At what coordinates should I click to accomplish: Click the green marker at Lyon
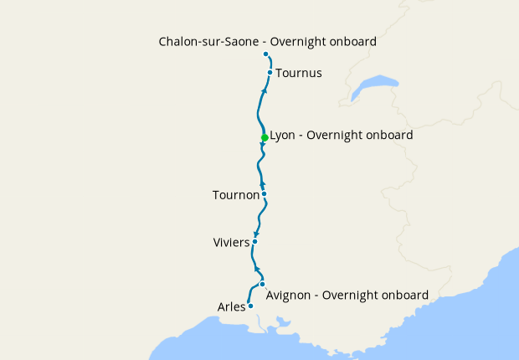pos(265,137)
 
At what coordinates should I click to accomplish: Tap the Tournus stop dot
pos(270,72)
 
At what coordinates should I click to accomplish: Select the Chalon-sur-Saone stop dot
pos(265,54)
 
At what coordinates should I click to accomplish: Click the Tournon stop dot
pos(264,194)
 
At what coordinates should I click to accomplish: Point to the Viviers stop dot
pos(254,241)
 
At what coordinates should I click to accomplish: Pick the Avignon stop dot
pos(262,284)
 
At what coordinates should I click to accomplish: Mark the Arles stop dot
pos(250,306)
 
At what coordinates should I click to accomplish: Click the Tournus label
pos(299,73)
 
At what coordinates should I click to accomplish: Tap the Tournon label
pos(236,195)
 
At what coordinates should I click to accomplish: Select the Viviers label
pos(232,243)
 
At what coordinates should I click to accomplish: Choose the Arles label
pos(231,306)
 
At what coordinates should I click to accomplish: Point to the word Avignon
pos(290,295)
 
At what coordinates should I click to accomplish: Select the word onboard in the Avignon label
pos(404,295)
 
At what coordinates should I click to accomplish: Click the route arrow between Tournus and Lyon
pos(265,90)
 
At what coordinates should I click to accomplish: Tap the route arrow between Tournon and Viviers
pos(257,234)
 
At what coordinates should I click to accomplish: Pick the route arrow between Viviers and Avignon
pos(257,269)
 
